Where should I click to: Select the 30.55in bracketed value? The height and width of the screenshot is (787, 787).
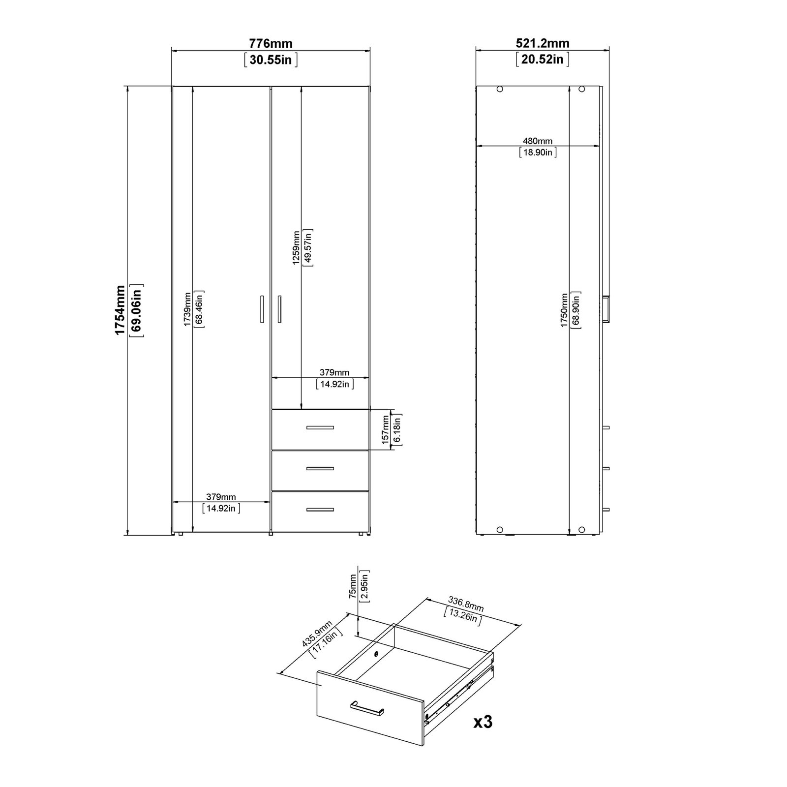click(271, 60)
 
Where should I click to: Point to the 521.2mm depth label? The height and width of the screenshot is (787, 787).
click(543, 43)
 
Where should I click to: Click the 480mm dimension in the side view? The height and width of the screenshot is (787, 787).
click(538, 141)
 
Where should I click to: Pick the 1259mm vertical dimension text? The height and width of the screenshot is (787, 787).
click(296, 248)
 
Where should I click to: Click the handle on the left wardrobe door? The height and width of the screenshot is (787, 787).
click(262, 309)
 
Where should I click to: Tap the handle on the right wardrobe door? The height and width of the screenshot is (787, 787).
click(279, 309)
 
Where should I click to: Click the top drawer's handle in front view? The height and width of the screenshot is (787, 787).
click(320, 427)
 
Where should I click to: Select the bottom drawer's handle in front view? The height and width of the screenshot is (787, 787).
click(320, 510)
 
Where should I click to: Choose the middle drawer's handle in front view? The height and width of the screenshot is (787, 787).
click(320, 468)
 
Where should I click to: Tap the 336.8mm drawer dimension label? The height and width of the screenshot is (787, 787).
click(465, 604)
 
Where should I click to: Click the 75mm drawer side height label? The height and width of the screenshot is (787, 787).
click(353, 586)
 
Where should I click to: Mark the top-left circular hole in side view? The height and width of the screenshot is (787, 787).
click(500, 90)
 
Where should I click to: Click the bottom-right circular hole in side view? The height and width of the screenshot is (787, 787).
click(581, 530)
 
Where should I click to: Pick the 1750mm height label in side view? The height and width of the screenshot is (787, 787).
click(564, 310)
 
